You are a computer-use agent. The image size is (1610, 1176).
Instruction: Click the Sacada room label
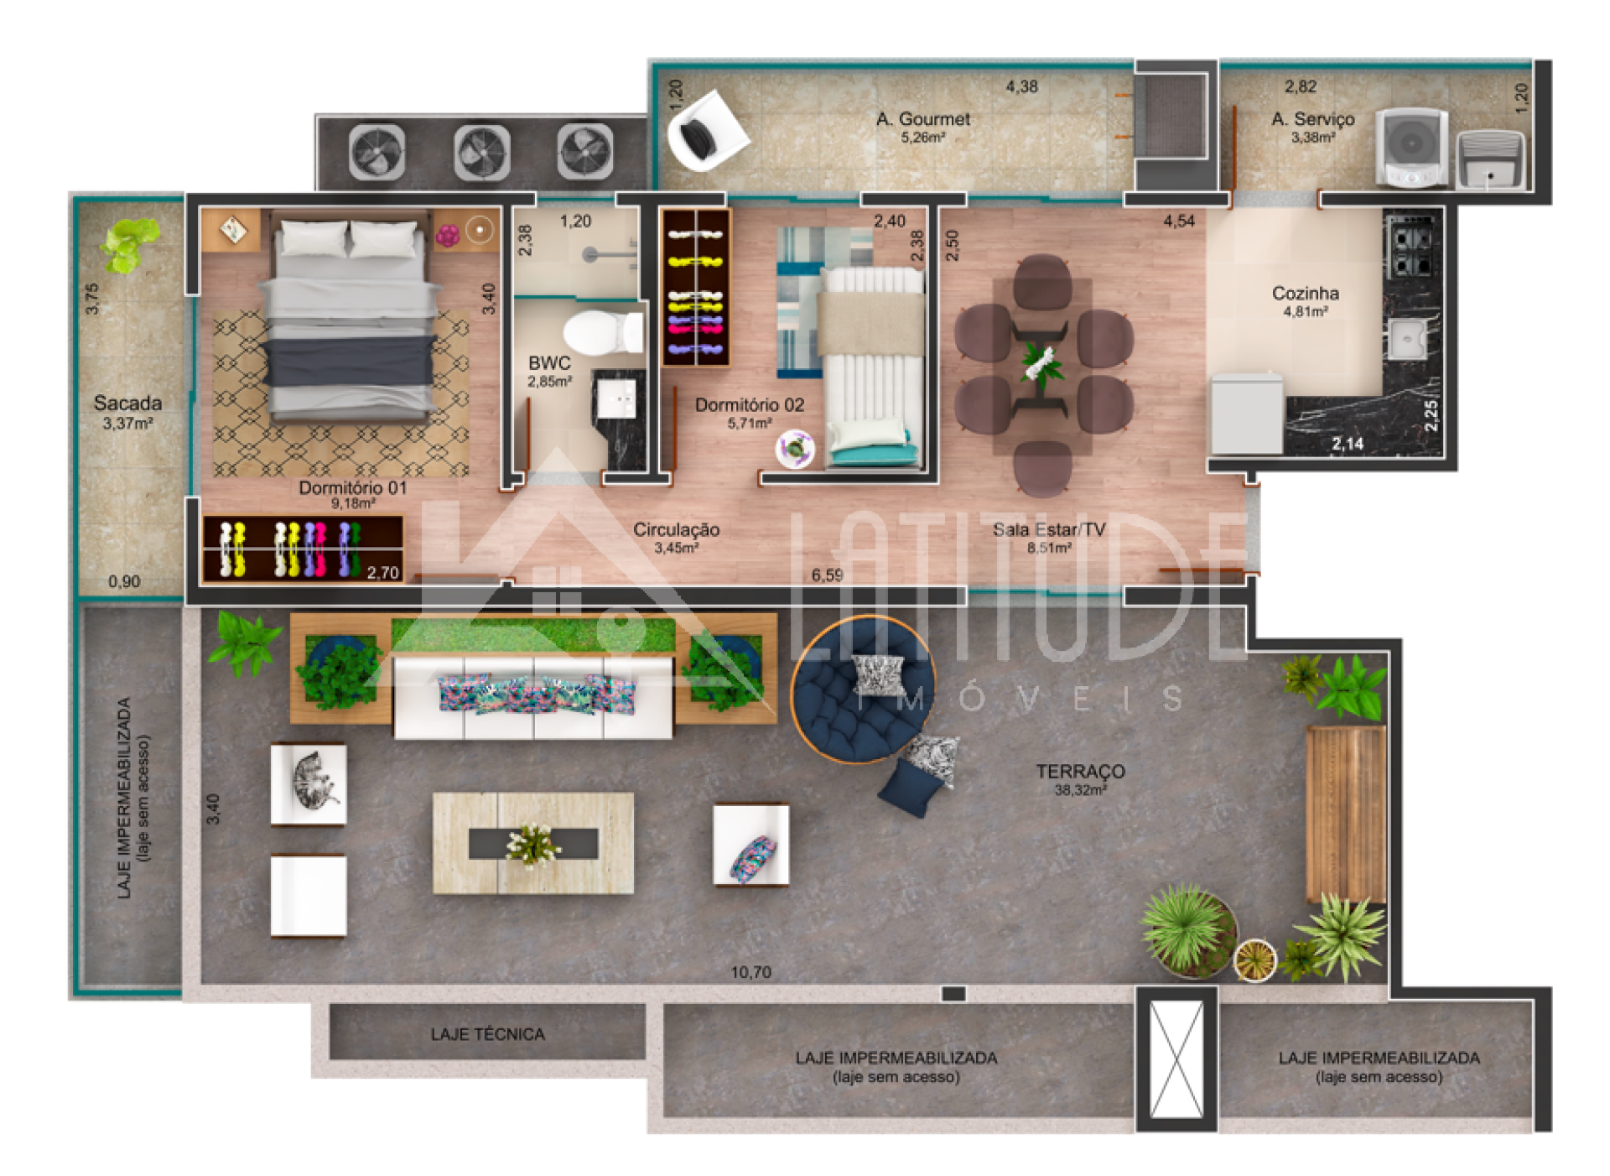127,403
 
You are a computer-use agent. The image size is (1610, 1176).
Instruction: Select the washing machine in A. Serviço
1412,146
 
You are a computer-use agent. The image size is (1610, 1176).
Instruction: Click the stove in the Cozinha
1411,246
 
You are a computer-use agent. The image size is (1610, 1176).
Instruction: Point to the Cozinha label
1305,293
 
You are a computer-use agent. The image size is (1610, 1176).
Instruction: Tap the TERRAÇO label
1080,771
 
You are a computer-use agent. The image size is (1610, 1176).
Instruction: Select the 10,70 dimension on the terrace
750,972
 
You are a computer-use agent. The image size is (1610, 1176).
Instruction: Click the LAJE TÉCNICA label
487,1034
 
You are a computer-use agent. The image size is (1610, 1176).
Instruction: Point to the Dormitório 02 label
749,404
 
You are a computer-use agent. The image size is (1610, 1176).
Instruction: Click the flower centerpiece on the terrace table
532,843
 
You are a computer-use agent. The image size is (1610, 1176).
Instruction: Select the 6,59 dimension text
827,575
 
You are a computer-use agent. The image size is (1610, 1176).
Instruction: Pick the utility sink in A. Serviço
1490,160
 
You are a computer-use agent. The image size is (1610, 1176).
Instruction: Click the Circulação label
676,529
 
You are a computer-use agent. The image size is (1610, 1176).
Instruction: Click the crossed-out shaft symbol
1176,1059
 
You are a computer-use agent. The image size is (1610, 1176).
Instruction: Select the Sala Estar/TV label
1049,529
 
